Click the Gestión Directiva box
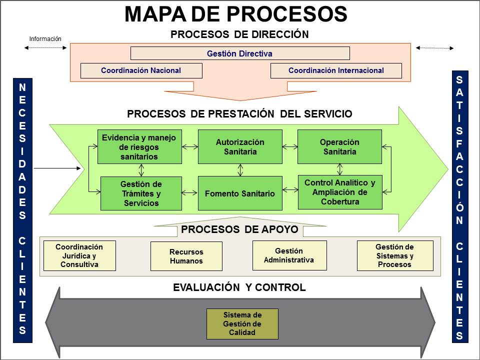[x=240, y=53]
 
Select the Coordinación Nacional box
[x=141, y=70]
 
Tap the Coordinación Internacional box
[x=336, y=70]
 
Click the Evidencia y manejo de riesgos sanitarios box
[x=139, y=146]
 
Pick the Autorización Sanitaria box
[x=240, y=146]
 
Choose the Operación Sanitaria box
[x=339, y=146]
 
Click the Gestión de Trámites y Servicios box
[x=141, y=193]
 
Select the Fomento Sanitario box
[x=240, y=193]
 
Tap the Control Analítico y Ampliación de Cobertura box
[x=339, y=192]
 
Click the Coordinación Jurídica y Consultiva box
[x=79, y=255]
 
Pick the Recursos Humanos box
[x=186, y=256]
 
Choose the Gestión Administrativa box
[x=289, y=255]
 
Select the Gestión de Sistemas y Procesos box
[x=395, y=255]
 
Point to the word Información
[x=45, y=38]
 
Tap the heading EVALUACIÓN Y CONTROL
[x=239, y=287]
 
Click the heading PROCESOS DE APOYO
[x=239, y=229]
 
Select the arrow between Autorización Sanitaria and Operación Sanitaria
[x=290, y=147]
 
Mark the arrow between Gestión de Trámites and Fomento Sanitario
[x=190, y=192]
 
